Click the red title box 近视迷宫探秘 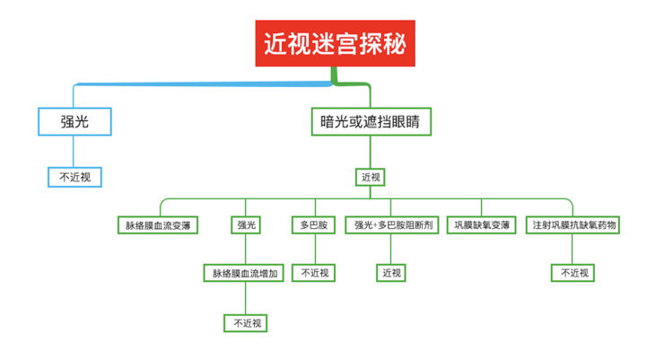pyautogui.click(x=337, y=43)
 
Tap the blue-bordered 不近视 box pyautogui.click(x=74, y=177)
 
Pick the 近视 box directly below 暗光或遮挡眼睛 pyautogui.click(x=371, y=177)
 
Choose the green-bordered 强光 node pyautogui.click(x=245, y=225)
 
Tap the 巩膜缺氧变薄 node pyautogui.click(x=482, y=225)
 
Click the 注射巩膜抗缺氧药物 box pyautogui.click(x=574, y=225)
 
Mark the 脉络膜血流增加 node pyautogui.click(x=245, y=273)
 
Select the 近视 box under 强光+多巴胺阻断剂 pyautogui.click(x=391, y=273)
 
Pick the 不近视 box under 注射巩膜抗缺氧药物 pyautogui.click(x=574, y=273)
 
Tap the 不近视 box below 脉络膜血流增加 pyautogui.click(x=245, y=321)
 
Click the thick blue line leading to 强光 pyautogui.click(x=197, y=83)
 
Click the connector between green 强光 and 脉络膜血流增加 pyautogui.click(x=245, y=249)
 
